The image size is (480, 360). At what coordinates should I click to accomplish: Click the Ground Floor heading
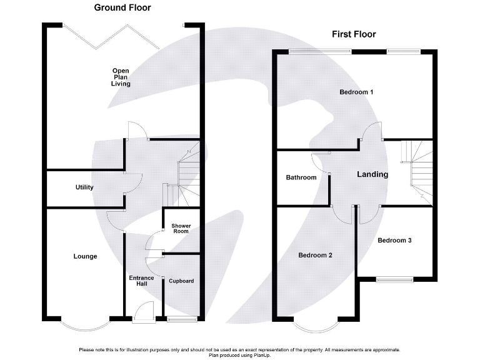pyautogui.click(x=122, y=8)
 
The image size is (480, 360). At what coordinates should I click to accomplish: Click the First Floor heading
pyautogui.click(x=353, y=34)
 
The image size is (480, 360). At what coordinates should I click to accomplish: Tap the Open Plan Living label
pyautogui.click(x=121, y=77)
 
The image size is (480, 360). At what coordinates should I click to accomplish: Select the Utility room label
pyautogui.click(x=84, y=187)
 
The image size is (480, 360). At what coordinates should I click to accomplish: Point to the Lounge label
pyautogui.click(x=85, y=256)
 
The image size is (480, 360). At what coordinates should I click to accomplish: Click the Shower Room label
pyautogui.click(x=181, y=228)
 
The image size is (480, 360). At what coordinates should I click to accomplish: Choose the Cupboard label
pyautogui.click(x=181, y=281)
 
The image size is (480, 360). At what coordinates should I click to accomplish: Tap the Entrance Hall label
pyautogui.click(x=141, y=281)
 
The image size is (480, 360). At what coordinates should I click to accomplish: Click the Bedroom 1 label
pyautogui.click(x=356, y=92)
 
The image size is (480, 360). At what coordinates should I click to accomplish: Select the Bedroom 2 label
pyautogui.click(x=315, y=255)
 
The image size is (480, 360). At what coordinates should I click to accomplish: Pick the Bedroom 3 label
pyautogui.click(x=394, y=240)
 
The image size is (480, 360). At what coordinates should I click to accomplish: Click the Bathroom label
pyautogui.click(x=301, y=177)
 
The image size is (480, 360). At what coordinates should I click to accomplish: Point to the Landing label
pyautogui.click(x=372, y=174)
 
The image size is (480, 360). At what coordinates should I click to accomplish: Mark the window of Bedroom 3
pyautogui.click(x=394, y=278)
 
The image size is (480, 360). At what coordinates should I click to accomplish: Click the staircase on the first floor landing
pyautogui.click(x=416, y=169)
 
